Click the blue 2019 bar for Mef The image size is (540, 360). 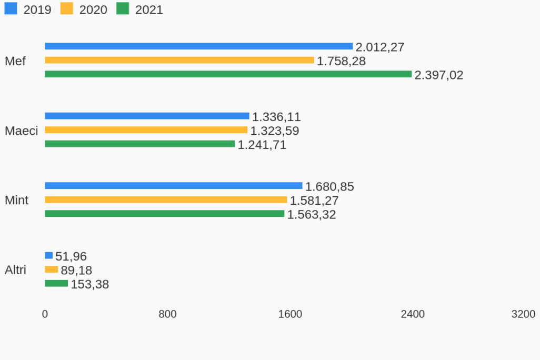[x=198, y=46]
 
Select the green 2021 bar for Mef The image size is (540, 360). [x=228, y=74]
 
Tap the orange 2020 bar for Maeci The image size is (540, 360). [x=146, y=130]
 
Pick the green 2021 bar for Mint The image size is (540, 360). [x=164, y=214]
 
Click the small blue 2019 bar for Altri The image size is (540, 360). [x=49, y=255]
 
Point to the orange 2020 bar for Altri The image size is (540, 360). [x=51, y=269]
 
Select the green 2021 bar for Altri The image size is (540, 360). [x=56, y=283]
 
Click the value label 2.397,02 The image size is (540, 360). [x=439, y=75]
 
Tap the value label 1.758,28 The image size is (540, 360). [x=341, y=61]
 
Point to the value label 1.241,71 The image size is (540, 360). [x=262, y=145]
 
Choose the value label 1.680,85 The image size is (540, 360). [x=329, y=187]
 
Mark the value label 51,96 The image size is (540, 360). [x=71, y=256]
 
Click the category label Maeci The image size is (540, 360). [x=21, y=131]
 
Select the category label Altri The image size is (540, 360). [x=15, y=270]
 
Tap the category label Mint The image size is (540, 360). [x=16, y=200]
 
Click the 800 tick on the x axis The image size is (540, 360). [x=167, y=314]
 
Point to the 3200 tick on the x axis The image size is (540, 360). [x=523, y=314]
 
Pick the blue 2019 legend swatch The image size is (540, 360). [x=11, y=8]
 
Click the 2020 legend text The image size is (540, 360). [x=93, y=10]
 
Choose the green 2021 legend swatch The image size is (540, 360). [x=123, y=8]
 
